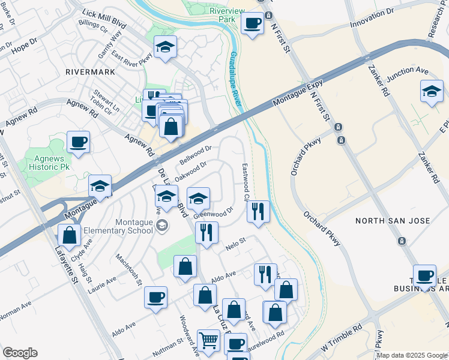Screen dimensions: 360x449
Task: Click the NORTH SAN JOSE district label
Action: click(x=393, y=221)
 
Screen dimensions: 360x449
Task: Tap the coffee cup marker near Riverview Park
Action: click(x=252, y=23)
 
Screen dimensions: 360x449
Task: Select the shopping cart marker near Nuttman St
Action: click(x=208, y=340)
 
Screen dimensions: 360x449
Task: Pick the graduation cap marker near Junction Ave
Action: click(x=431, y=91)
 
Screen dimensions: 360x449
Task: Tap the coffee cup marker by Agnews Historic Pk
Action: click(x=78, y=142)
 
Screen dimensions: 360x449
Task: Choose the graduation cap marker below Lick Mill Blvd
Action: click(x=164, y=47)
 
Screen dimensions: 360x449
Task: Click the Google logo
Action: click(x=20, y=353)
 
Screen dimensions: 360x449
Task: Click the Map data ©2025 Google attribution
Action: click(x=412, y=355)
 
